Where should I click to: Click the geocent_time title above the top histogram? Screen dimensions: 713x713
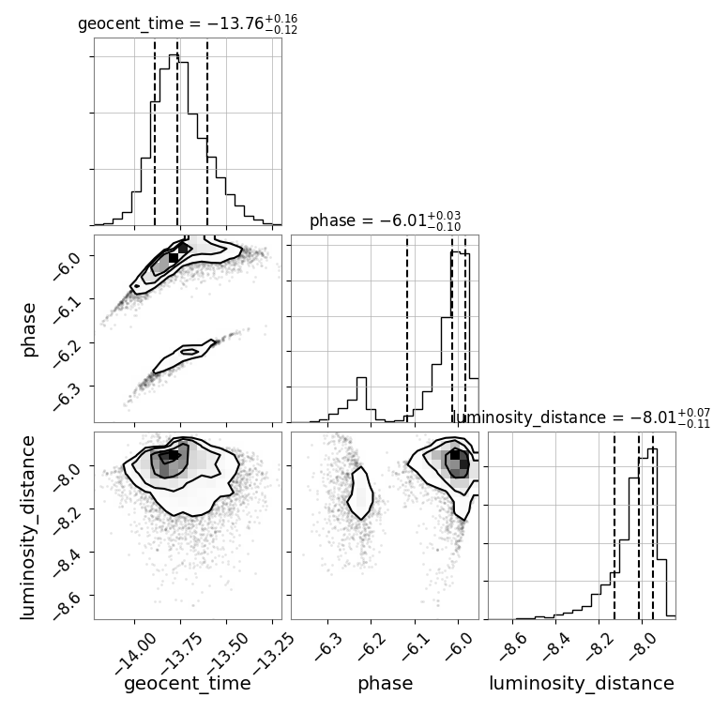[x=188, y=23]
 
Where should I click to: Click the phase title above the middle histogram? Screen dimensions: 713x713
[x=386, y=221]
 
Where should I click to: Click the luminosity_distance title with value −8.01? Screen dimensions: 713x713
[x=581, y=417]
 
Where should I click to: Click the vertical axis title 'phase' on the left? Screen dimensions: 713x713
[x=28, y=329]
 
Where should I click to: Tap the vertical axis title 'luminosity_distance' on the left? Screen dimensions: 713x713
[x=27, y=527]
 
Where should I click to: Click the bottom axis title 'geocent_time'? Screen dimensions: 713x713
[x=188, y=684]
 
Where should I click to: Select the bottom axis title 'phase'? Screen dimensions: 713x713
[x=386, y=684]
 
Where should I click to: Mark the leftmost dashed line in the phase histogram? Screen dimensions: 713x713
[x=407, y=330]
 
